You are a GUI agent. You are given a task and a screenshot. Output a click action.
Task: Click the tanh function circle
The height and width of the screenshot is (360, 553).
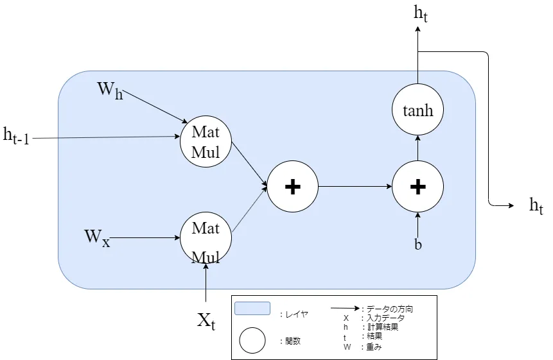click(x=418, y=110)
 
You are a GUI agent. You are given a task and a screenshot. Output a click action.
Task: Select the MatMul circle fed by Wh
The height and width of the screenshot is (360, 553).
click(x=206, y=142)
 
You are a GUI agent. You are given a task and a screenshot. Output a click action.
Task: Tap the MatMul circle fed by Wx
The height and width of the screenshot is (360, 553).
click(x=206, y=238)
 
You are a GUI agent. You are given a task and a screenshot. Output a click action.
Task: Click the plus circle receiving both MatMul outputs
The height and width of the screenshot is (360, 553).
click(x=292, y=187)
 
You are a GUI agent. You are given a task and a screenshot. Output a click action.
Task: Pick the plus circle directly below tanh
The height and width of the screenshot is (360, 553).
click(x=418, y=187)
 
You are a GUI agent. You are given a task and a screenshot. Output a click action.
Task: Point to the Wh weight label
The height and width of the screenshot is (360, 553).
click(x=110, y=89)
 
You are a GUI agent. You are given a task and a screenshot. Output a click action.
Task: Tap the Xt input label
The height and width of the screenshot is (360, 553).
click(x=206, y=321)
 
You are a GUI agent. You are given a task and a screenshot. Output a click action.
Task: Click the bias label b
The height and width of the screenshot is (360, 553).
click(x=418, y=244)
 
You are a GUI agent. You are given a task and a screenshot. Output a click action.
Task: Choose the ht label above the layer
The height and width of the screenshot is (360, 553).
click(x=421, y=13)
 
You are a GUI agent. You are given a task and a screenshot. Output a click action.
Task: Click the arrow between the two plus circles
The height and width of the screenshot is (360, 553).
click(x=355, y=187)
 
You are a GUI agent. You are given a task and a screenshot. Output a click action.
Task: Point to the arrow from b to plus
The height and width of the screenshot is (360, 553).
click(x=418, y=225)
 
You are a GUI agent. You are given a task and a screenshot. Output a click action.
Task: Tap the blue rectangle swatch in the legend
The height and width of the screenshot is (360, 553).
click(x=252, y=309)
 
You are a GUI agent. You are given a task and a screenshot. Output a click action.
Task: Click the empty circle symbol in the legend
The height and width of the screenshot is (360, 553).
click(x=252, y=341)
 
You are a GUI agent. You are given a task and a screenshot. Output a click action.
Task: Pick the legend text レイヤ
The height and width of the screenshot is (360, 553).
click(x=295, y=314)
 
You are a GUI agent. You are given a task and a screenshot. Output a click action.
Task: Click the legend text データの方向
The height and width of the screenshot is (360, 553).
click(x=386, y=309)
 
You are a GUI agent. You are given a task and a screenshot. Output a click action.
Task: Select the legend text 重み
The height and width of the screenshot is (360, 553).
click(x=376, y=347)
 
